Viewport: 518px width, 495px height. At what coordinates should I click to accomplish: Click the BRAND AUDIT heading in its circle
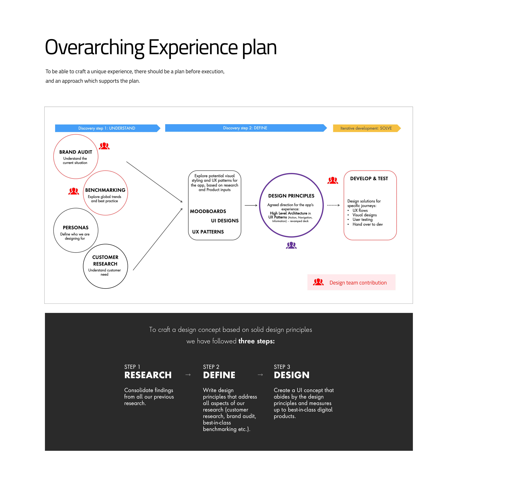(x=76, y=152)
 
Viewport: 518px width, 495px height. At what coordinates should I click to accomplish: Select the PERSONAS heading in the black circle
(x=76, y=227)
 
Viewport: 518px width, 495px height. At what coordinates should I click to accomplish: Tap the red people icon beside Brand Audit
(x=104, y=146)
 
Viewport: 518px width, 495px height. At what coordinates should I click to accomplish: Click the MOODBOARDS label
(x=208, y=211)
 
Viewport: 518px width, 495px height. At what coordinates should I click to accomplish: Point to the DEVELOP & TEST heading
(x=369, y=179)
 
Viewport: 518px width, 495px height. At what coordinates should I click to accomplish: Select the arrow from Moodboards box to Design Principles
(x=251, y=205)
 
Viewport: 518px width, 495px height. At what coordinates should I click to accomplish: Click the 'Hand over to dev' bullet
(x=367, y=224)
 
